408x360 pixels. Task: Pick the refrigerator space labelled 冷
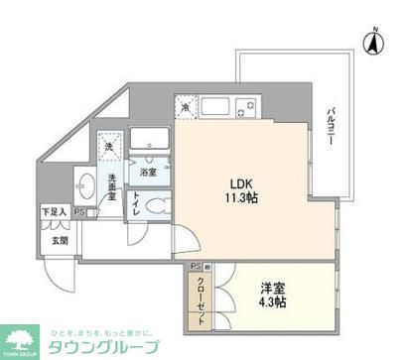tap(186, 105)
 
